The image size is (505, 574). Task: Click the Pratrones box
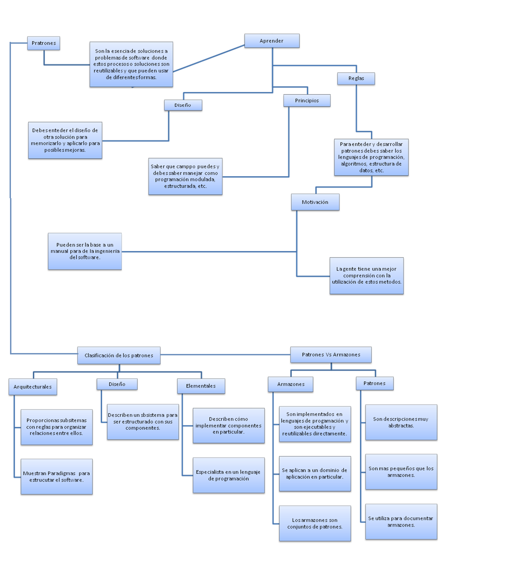click(44, 43)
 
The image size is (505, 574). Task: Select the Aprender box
click(272, 41)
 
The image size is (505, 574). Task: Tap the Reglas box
click(356, 78)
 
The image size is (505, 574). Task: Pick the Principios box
click(307, 101)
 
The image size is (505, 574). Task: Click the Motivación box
click(315, 202)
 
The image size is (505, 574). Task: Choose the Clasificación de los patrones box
click(119, 355)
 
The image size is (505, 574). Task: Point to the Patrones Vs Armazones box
click(331, 354)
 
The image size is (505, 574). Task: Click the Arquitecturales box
click(32, 387)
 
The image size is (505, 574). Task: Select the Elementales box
click(201, 386)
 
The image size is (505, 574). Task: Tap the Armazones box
click(291, 384)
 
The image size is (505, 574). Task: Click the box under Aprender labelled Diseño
click(183, 105)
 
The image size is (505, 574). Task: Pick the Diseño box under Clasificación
click(117, 384)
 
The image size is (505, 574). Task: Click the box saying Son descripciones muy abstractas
click(401, 422)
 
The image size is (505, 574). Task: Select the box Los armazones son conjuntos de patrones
click(315, 523)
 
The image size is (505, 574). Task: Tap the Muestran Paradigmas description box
click(57, 477)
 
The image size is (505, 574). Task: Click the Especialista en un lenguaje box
click(228, 475)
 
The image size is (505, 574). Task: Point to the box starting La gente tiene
click(366, 276)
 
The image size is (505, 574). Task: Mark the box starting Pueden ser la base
click(85, 251)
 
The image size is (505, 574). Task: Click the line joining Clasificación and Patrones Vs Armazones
click(225, 354)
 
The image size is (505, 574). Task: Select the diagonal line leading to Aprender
click(209, 58)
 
